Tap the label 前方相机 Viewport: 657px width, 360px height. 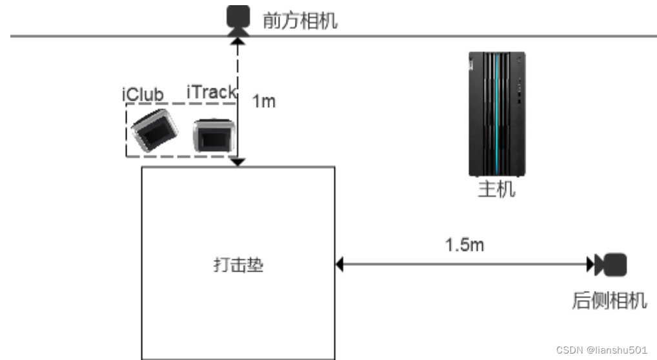[299, 21]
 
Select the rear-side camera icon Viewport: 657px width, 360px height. [614, 263]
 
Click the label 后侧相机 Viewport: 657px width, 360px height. [609, 301]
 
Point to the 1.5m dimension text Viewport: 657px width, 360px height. [465, 245]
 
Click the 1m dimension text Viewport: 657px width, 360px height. [263, 101]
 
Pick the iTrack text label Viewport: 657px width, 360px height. [211, 92]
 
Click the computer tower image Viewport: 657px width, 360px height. [496, 114]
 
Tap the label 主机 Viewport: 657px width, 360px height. [496, 190]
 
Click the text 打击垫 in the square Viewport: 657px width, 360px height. [238, 265]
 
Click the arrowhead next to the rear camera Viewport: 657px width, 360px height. [590, 263]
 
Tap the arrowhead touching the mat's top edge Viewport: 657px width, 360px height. [238, 162]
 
